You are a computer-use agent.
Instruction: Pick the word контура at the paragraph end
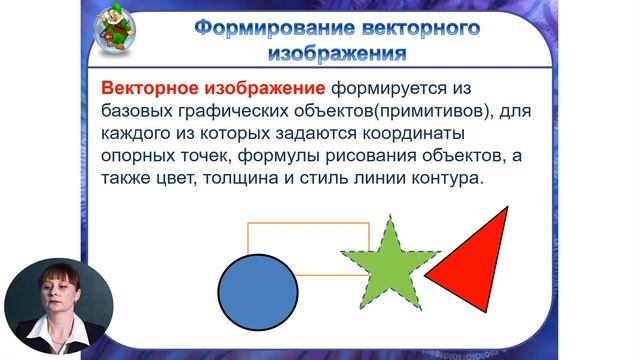(x=446, y=179)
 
